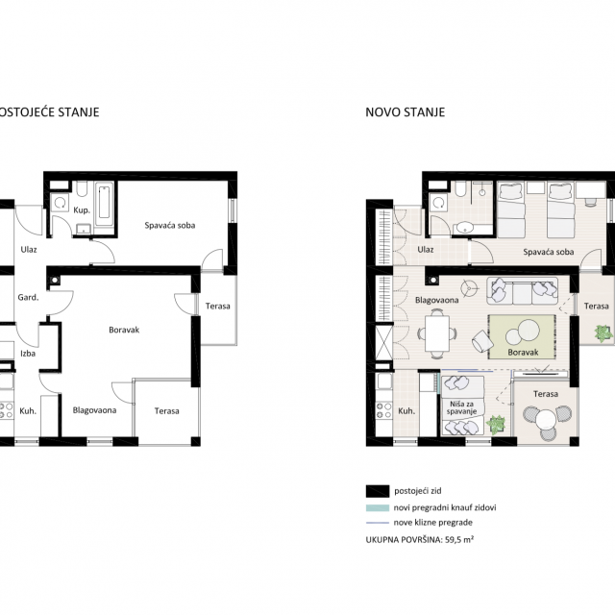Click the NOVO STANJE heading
pos(405,112)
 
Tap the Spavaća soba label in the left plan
pos(170,226)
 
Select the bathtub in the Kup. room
pos(105,203)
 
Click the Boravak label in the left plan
pos(124,330)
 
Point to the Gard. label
pos(28,297)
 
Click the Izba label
pos(28,354)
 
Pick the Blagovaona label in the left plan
pos(94,410)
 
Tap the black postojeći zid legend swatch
pos(378,491)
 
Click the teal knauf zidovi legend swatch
pos(378,507)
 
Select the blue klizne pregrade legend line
pos(378,523)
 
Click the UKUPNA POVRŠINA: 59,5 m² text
pos(420,540)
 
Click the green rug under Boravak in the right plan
pos(522,337)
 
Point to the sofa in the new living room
pos(522,291)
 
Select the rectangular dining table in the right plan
pos(437,333)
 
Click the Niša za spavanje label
pos(461,407)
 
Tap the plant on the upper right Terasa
pos(603,333)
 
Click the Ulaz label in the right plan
pos(426,250)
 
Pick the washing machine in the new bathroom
pos(439,203)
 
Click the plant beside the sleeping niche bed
pos(496,425)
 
